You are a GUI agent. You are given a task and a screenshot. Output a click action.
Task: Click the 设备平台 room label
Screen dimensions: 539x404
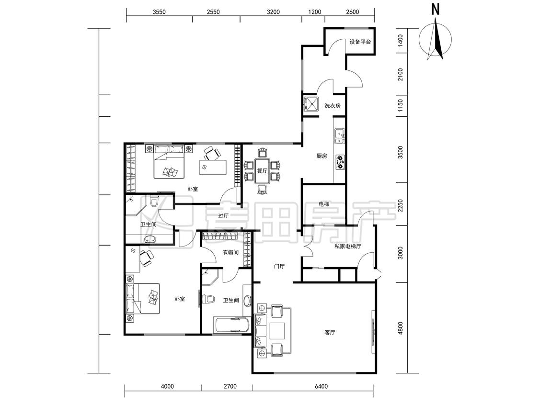tap(360, 42)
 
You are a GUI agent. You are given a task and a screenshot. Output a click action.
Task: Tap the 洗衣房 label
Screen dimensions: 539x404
tap(333, 106)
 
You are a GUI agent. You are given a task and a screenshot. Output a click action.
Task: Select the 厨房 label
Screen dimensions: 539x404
tap(321, 156)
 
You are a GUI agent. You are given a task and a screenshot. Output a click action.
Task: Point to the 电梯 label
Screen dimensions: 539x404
tap(324, 204)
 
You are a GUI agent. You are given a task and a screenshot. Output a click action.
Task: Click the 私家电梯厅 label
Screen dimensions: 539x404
tap(348, 247)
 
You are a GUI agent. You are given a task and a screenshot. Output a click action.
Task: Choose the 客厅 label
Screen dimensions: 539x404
tap(330, 333)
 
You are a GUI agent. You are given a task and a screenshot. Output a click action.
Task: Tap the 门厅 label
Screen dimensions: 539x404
tap(279, 266)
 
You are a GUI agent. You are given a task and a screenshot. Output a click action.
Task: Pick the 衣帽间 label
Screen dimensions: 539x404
tap(230, 253)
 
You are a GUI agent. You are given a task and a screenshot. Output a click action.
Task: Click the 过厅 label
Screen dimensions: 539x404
tap(223, 216)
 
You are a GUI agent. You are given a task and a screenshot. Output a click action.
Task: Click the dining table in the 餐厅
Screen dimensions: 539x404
tap(262, 171)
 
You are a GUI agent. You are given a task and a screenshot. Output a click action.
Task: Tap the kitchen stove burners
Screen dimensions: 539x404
tap(340, 162)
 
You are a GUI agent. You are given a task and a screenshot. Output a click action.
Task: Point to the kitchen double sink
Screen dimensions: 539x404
tap(340, 135)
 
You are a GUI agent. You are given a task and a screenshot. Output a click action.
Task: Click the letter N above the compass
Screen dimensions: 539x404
tap(436, 9)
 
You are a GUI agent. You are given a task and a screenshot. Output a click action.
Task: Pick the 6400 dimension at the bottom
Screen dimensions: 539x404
tap(321, 386)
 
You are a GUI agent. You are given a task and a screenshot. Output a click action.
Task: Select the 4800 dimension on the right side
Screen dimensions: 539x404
tap(400, 328)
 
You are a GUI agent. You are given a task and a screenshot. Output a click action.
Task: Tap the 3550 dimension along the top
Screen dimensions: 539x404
tap(159, 12)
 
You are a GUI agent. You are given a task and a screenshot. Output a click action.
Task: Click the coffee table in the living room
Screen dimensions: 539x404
tap(277, 330)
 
